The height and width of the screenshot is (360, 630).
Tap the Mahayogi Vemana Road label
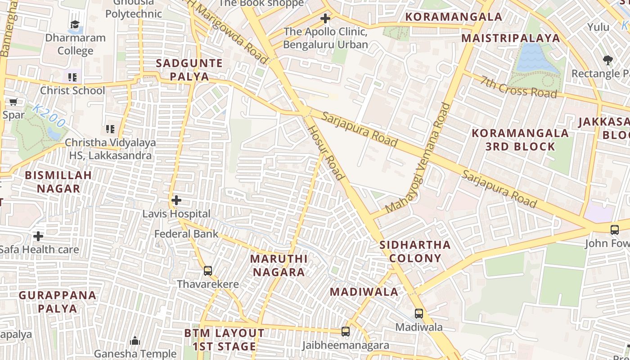[x=418, y=157]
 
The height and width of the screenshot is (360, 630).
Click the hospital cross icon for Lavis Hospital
[x=176, y=200]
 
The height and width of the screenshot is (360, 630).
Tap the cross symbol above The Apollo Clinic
[x=325, y=18]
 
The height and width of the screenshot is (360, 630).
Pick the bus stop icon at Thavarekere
[x=207, y=270]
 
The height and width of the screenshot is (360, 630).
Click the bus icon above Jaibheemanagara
[x=345, y=331]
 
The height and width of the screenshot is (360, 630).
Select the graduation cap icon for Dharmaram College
[x=75, y=24]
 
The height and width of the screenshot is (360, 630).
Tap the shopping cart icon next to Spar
[x=13, y=102]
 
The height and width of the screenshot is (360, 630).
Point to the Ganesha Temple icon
[x=135, y=341]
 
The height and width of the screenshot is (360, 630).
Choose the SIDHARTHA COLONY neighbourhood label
[x=415, y=252]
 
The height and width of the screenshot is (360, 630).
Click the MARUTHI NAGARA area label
[x=279, y=265]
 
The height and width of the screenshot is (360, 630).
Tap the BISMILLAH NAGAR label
[x=58, y=182]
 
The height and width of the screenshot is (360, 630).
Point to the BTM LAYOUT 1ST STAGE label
[x=224, y=340]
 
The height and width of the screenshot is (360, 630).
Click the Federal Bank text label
[x=186, y=234]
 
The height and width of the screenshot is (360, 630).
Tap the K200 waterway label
[x=49, y=116]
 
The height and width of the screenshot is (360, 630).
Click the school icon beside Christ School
[x=72, y=77]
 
